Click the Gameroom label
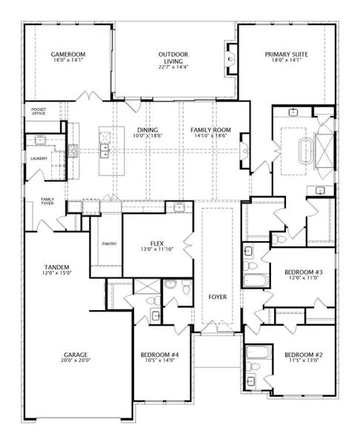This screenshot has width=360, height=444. (68, 54)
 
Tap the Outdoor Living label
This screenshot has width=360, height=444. (173, 58)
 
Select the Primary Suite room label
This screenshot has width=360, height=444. (287, 54)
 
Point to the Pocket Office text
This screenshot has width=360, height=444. (39, 111)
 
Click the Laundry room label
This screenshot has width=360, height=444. (39, 158)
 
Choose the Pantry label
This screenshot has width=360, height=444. (110, 243)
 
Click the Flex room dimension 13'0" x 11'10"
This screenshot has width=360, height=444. (157, 249)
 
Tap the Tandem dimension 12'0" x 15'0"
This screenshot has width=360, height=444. (57, 273)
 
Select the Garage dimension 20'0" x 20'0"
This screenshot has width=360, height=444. (76, 360)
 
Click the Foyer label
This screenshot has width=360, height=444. (218, 297)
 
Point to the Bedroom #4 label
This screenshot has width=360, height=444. (159, 354)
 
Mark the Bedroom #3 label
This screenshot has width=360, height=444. (304, 272)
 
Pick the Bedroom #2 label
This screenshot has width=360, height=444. (304, 354)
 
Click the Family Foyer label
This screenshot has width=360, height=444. (47, 201)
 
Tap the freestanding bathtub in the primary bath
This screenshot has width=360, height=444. (305, 151)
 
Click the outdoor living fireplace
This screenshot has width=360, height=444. (231, 59)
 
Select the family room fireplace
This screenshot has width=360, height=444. (245, 151)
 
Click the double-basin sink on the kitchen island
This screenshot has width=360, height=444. (104, 150)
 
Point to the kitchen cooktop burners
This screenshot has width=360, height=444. (73, 150)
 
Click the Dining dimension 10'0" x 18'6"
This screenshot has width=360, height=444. (147, 135)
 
